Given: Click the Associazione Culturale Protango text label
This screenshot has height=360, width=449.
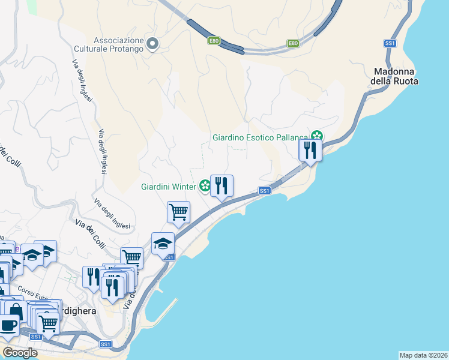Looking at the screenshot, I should click(x=109, y=44).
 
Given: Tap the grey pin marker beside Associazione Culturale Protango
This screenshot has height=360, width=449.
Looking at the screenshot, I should click(x=152, y=43).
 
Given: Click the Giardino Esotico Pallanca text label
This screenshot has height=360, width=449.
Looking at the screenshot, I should click(x=259, y=137).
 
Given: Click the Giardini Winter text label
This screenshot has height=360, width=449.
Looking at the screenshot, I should click(x=168, y=186).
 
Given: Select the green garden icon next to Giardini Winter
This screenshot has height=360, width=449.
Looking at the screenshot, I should click(x=205, y=186).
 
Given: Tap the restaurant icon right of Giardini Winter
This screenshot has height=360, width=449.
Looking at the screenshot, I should click(x=221, y=186).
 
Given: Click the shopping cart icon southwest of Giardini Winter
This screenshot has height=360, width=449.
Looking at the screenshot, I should click(x=178, y=212).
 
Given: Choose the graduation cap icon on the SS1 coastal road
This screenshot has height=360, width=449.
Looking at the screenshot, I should click(x=163, y=244).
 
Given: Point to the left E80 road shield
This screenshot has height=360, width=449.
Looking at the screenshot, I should click(x=214, y=40).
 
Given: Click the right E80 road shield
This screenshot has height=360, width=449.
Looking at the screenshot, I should click(x=292, y=43).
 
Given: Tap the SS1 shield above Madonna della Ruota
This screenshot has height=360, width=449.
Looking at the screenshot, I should click(x=390, y=43).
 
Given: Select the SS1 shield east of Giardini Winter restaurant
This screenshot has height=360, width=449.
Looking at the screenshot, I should click(x=265, y=190).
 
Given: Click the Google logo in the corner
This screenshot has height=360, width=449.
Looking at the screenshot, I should click(x=20, y=353).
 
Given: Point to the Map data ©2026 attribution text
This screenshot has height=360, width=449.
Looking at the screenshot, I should click(x=423, y=355).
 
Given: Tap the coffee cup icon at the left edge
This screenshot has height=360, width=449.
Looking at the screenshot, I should click(x=8, y=325).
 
